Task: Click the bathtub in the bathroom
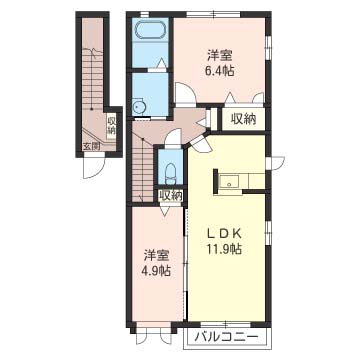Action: [x=150, y=31]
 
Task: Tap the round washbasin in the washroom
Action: [x=137, y=107]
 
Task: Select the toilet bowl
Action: [x=170, y=173]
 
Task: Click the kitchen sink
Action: [x=229, y=182]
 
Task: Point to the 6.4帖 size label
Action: [x=220, y=71]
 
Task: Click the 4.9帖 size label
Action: [x=157, y=270]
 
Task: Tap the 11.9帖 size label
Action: [x=224, y=249]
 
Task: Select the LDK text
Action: [x=224, y=234]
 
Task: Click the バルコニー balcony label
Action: [x=227, y=336]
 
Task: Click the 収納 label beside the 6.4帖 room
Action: [x=244, y=119]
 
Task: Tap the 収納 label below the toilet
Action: [x=170, y=195]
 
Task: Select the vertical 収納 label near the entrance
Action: [x=111, y=125]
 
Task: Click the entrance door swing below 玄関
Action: [x=94, y=167]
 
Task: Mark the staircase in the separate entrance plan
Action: [x=92, y=79]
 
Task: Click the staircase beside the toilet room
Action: [x=142, y=169]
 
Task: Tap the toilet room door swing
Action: [x=174, y=136]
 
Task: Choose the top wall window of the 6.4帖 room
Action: [x=213, y=14]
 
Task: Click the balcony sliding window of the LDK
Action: [x=226, y=324]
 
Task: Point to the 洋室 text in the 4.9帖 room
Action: [x=157, y=256]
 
